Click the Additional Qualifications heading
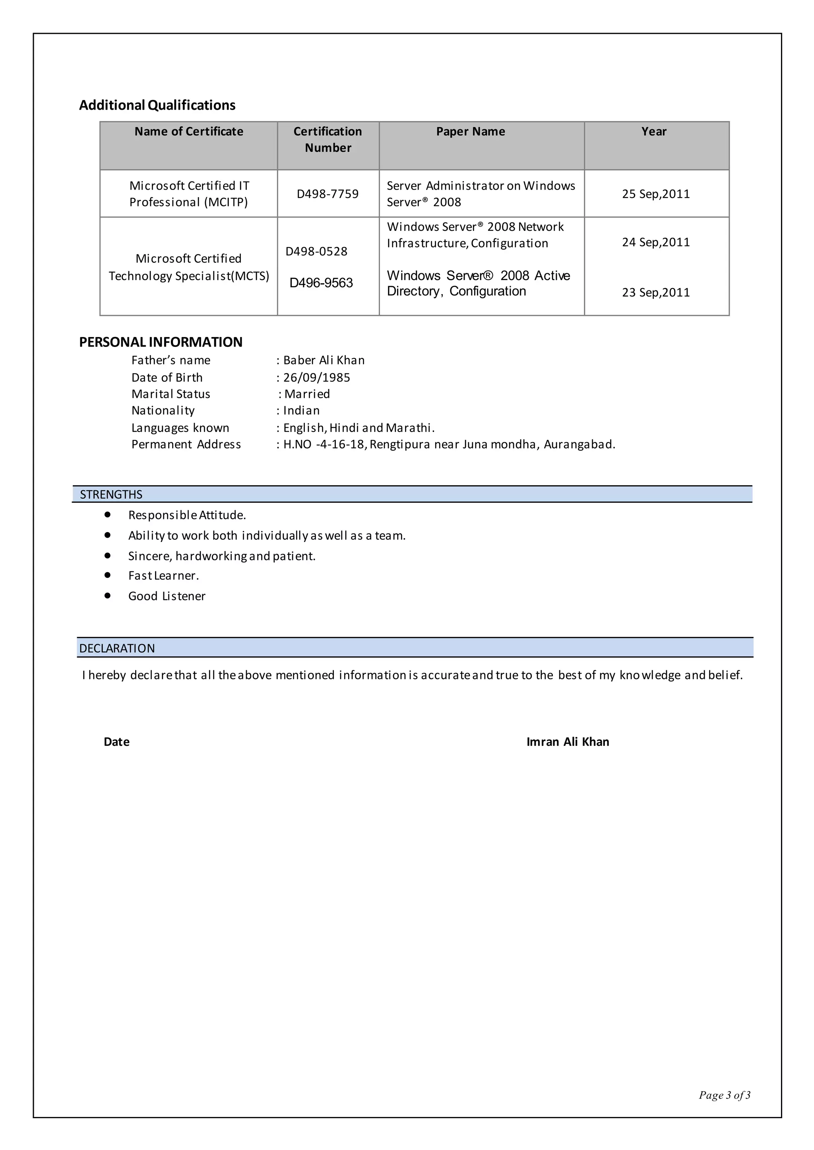click(157, 105)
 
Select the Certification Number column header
click(328, 139)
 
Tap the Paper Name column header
click(470, 131)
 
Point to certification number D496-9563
click(321, 283)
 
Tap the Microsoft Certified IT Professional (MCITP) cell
click(189, 194)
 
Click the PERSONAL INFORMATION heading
click(161, 342)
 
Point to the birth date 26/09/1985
click(316, 378)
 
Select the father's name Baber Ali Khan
click(324, 360)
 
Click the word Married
click(307, 394)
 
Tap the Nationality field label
click(163, 411)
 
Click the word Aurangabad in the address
click(579, 445)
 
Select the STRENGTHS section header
click(111, 495)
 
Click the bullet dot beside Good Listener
click(107, 595)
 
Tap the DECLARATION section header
click(117, 649)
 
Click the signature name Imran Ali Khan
click(568, 742)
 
